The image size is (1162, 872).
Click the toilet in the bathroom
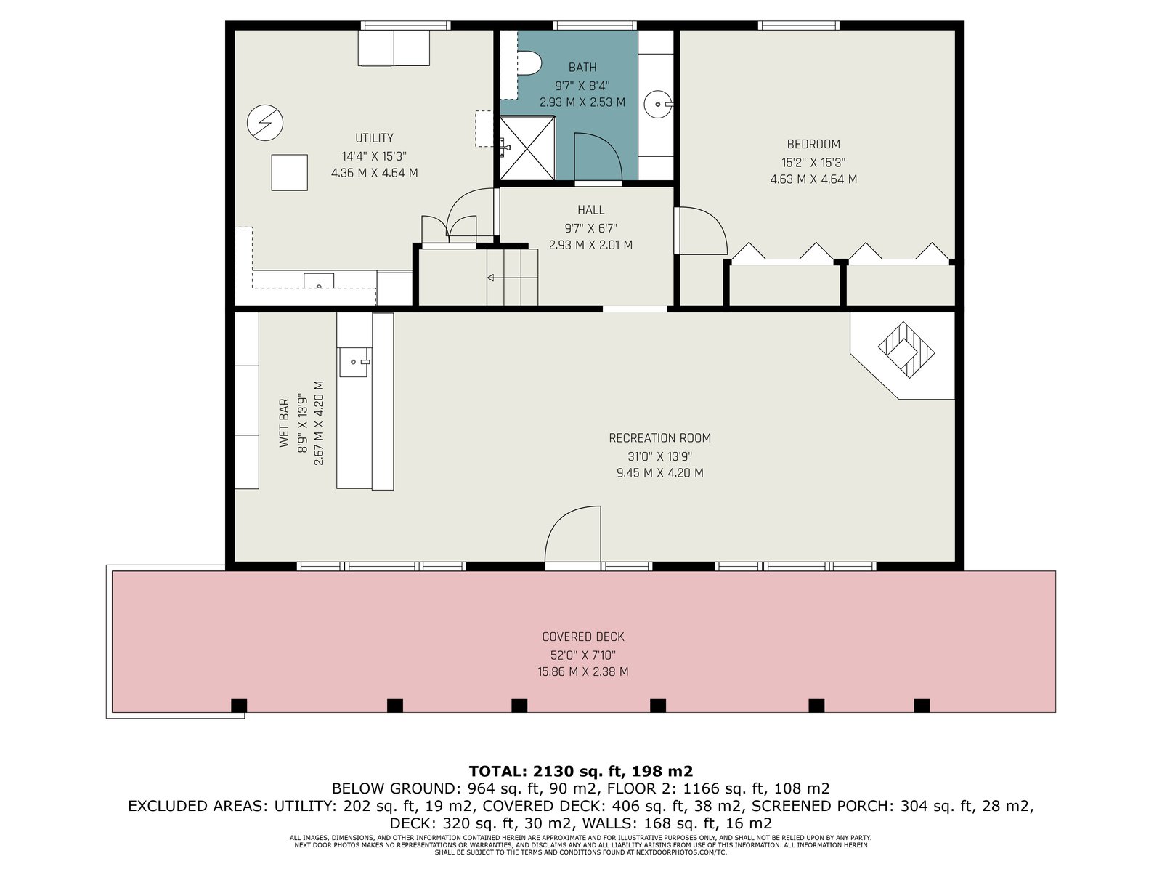[x=528, y=63]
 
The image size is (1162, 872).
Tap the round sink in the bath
[x=658, y=105]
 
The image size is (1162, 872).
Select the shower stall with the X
[x=527, y=148]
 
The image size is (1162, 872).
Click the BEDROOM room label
[x=813, y=144]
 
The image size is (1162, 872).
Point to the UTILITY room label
[x=374, y=138]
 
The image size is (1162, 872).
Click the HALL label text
[x=590, y=210]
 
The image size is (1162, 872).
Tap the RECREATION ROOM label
[x=659, y=438]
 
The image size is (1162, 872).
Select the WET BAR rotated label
[x=284, y=423]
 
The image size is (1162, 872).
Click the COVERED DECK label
[x=583, y=637]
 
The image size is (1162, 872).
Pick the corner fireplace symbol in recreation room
[x=906, y=350]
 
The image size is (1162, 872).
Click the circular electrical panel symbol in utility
[x=265, y=123]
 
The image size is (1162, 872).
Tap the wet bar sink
[x=354, y=362]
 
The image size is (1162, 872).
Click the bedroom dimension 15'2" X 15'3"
[x=813, y=163]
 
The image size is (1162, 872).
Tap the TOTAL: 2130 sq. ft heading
[x=581, y=771]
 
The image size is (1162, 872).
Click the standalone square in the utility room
[x=290, y=173]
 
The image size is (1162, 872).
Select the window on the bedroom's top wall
[x=799, y=25]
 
